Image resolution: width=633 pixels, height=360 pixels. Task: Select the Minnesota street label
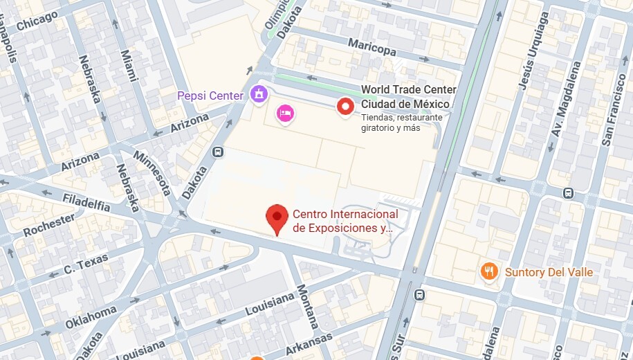pyautogui.click(x=154, y=172)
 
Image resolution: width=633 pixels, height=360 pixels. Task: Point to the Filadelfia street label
pyautogui.click(x=86, y=204)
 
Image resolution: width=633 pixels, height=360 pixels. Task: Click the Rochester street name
pyautogui.click(x=48, y=225)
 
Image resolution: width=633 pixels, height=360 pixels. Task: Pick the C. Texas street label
pyautogui.click(x=86, y=264)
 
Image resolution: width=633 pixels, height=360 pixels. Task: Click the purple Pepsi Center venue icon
pyautogui.click(x=259, y=93)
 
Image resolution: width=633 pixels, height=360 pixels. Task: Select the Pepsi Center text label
pyautogui.click(x=210, y=96)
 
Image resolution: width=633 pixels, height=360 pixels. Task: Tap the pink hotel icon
pyautogui.click(x=284, y=113)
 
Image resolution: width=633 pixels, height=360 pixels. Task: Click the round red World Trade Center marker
pyautogui.click(x=345, y=106)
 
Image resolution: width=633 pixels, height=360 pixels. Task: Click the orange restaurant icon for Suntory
pyautogui.click(x=490, y=271)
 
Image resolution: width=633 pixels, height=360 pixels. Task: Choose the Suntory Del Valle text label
pyautogui.click(x=549, y=272)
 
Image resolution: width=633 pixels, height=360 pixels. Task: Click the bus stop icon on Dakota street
pyautogui.click(x=218, y=152)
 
